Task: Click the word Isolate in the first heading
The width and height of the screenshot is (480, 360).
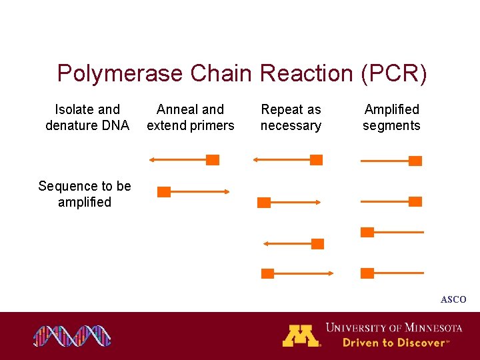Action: point(74,109)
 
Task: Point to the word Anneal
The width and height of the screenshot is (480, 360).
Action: point(176,109)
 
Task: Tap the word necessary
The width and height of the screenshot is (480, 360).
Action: point(291,125)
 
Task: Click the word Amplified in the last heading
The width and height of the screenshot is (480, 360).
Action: point(391,109)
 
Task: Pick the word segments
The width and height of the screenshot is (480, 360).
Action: point(391,125)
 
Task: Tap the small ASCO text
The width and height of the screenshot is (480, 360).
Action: point(453,300)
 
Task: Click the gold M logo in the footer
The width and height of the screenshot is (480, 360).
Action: point(301,335)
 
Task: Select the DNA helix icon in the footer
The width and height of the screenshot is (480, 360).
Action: point(73,336)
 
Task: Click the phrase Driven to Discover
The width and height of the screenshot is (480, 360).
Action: point(393,343)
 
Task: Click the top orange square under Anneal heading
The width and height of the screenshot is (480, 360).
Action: point(213,160)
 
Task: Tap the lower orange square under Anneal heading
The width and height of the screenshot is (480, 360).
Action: point(163,192)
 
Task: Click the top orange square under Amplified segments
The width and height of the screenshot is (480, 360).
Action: point(415,161)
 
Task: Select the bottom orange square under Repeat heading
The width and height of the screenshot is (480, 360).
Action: point(267,273)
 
